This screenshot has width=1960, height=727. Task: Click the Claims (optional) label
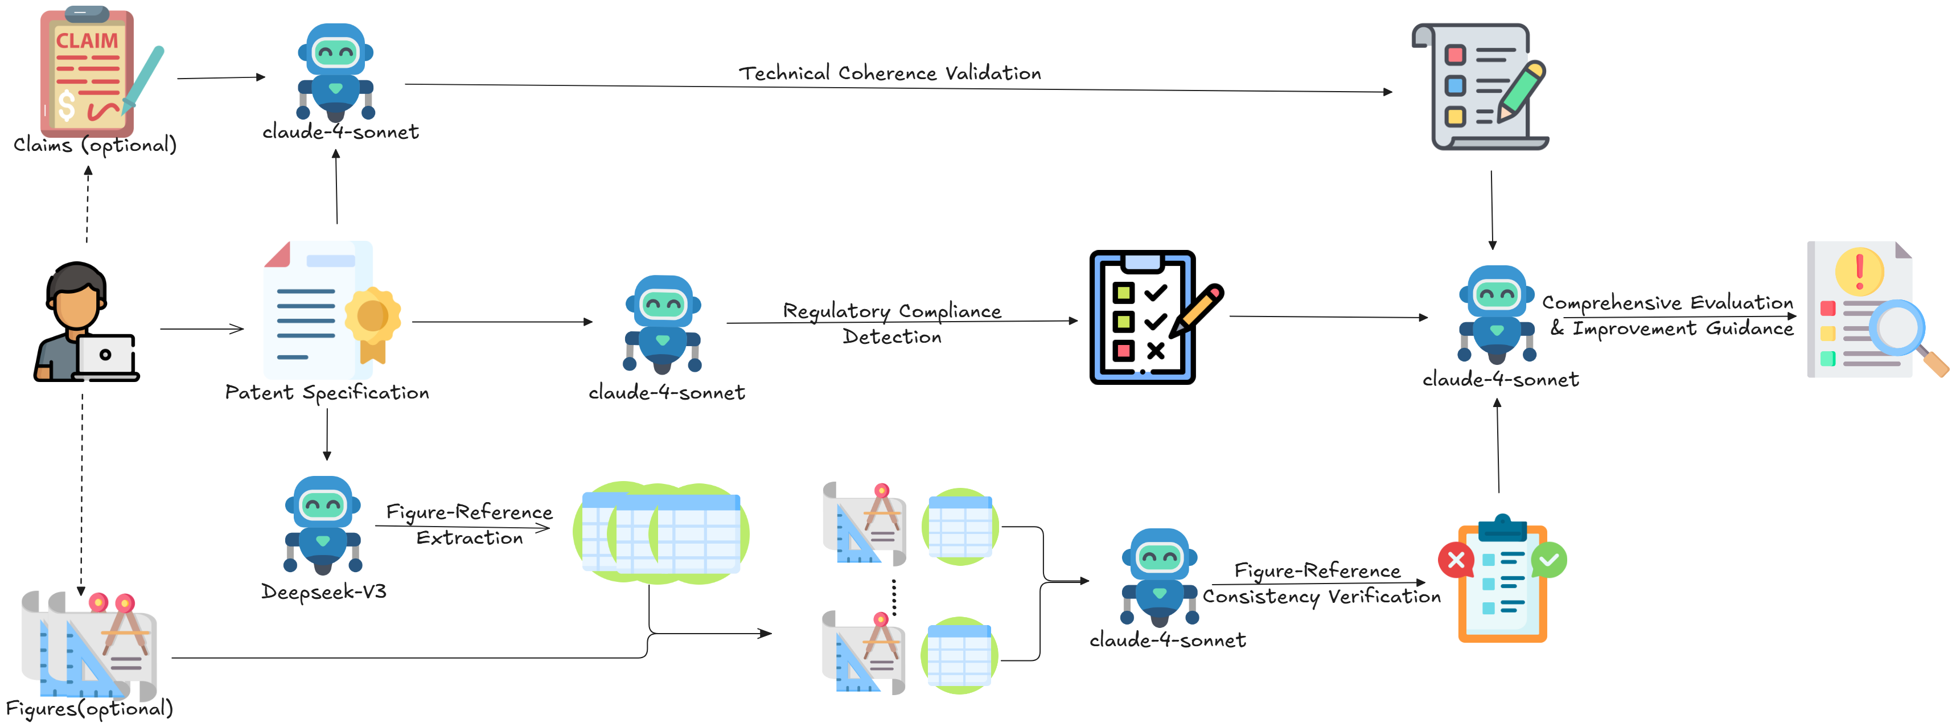pyautogui.click(x=95, y=145)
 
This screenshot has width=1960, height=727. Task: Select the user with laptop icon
pyautogui.click(x=86, y=322)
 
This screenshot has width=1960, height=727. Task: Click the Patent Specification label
pyautogui.click(x=327, y=393)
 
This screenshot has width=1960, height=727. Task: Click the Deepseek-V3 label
pyautogui.click(x=323, y=592)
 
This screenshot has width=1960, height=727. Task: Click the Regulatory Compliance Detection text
pyautogui.click(x=891, y=323)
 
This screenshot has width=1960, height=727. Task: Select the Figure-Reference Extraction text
pyautogui.click(x=470, y=524)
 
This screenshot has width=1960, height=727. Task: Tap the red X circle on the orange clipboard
pyautogui.click(x=1456, y=561)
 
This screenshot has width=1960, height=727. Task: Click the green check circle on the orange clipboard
pyautogui.click(x=1549, y=561)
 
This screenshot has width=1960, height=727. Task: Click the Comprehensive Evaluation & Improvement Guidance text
pyautogui.click(x=1669, y=315)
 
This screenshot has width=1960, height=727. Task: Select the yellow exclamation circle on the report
pyautogui.click(x=1860, y=271)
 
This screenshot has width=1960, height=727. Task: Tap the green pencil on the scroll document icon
pyautogui.click(x=1521, y=91)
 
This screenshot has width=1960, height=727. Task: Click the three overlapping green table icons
pyautogui.click(x=661, y=533)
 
